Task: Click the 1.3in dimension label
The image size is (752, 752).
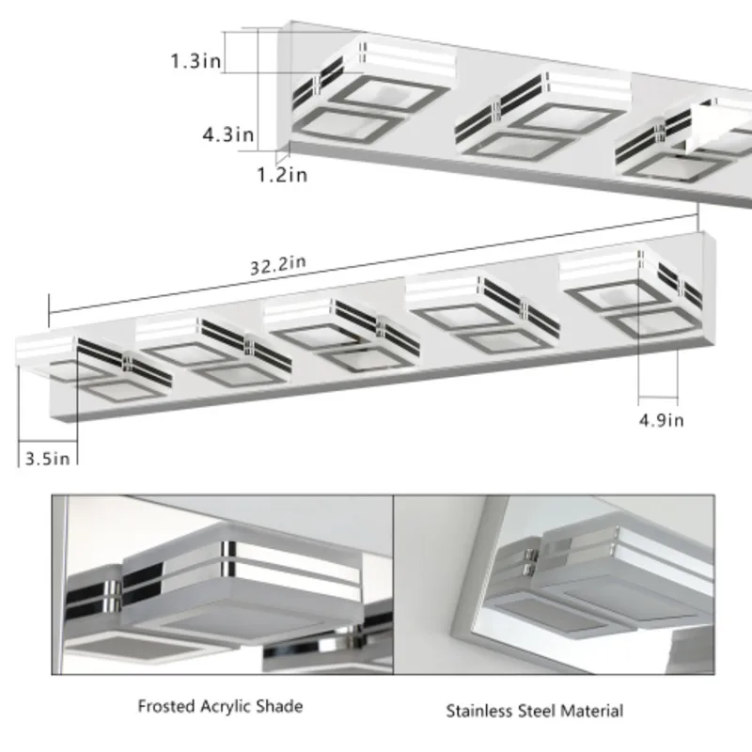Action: (197, 61)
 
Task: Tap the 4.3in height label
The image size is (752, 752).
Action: (228, 134)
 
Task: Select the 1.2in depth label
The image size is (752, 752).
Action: (283, 173)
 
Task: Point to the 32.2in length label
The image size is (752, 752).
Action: (277, 265)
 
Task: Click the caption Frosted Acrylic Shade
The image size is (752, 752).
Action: (220, 705)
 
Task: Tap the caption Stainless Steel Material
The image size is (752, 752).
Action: (534, 711)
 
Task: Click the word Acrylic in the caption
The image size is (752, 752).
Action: (223, 705)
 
